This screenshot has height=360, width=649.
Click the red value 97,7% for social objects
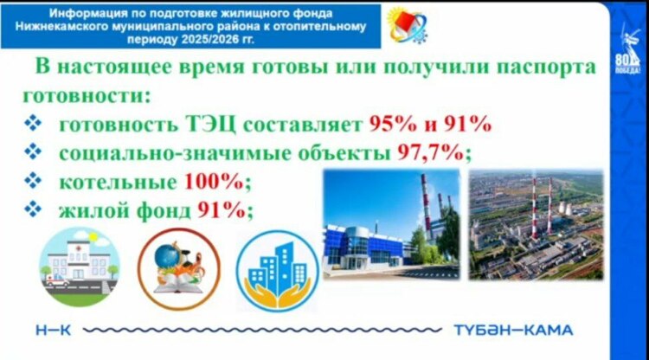point(430,153)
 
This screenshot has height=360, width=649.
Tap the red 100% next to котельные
point(214,181)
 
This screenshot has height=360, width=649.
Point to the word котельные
point(118,182)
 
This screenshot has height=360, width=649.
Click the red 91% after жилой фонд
point(221,210)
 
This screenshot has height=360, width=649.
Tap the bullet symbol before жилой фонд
point(33,209)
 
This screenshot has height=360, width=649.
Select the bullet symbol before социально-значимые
point(33,152)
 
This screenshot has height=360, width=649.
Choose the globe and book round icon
point(179,269)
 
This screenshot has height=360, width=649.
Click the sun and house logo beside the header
point(407,25)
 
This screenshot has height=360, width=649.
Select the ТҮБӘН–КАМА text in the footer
point(513,331)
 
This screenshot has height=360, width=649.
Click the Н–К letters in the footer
point(54,331)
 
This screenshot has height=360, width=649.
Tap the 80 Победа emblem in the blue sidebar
point(627,50)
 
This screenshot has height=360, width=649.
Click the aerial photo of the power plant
point(536,224)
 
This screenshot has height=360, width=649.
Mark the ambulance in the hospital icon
point(57,280)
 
